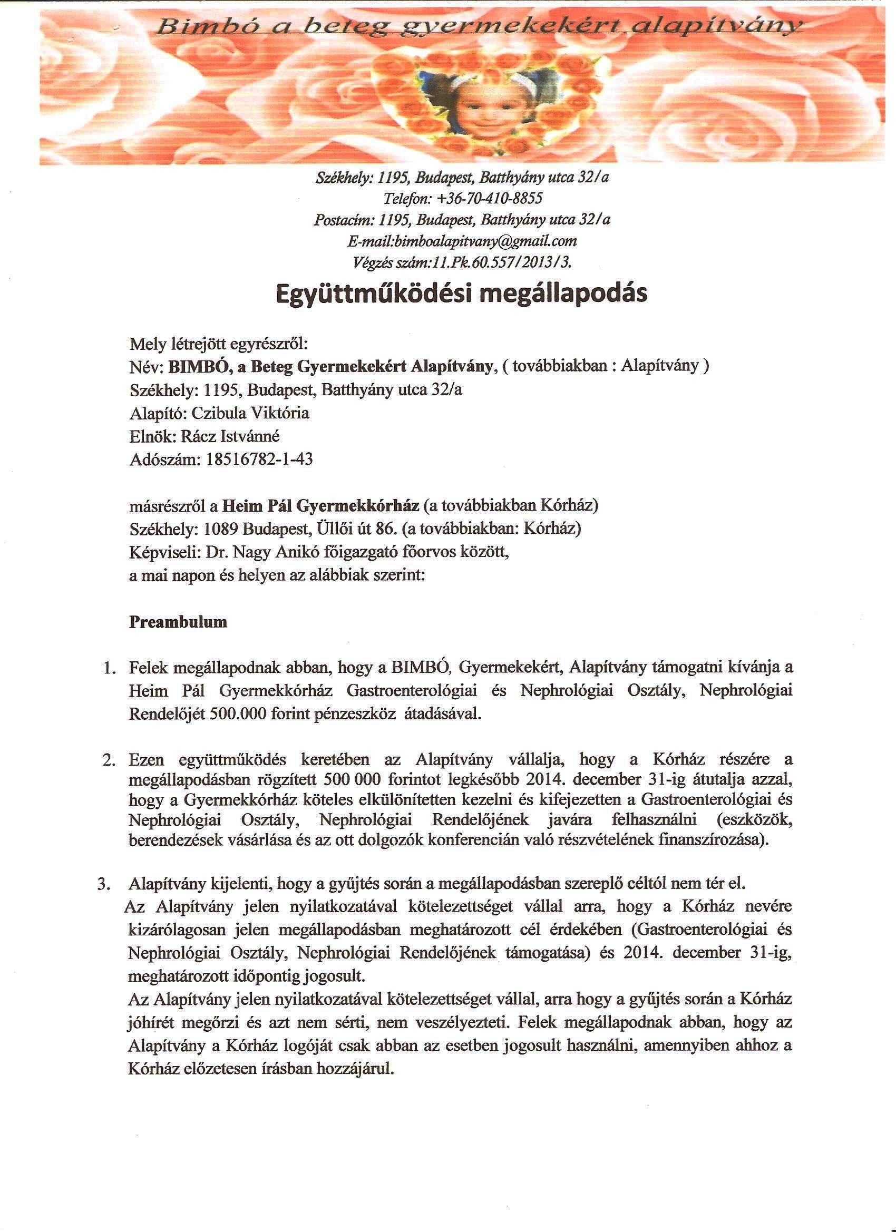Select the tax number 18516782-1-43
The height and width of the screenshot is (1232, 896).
[x=259, y=460]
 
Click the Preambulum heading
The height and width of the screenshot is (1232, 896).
[x=178, y=622]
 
